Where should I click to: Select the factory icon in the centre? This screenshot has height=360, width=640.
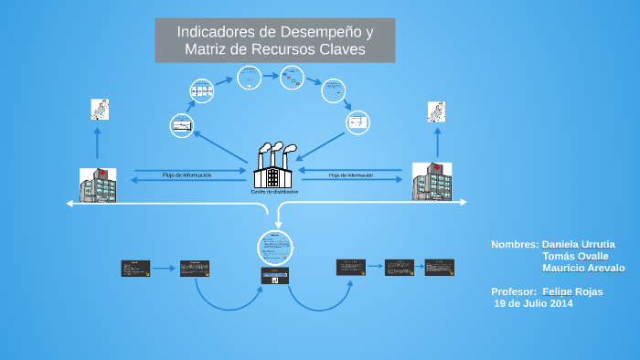pos(274,165)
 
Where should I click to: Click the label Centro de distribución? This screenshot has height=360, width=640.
pos(274,192)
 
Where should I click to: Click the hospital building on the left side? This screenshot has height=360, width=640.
pos(98,185)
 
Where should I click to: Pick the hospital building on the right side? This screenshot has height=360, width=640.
pos(432,183)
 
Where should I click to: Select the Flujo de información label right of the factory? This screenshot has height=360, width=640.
pos(351,175)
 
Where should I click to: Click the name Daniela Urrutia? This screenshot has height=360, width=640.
pos(578,245)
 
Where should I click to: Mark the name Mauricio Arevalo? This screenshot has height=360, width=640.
pos(583,269)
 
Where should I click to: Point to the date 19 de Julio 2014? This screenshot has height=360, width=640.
pos(533,303)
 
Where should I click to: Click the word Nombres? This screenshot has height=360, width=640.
pos(514,245)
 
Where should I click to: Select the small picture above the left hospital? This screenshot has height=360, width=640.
pos(100,110)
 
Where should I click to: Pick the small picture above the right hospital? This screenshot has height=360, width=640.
pos(436,111)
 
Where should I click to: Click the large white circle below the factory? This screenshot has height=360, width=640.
pos(274,247)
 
